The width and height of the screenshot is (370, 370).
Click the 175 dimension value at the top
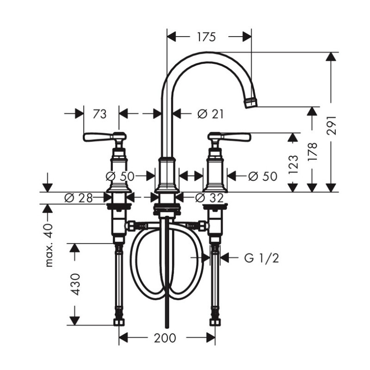pyautogui.click(x=206, y=37)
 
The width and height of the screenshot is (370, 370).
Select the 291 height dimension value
pyautogui.click(x=332, y=125)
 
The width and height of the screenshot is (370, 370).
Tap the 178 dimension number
pyautogui.click(x=313, y=152)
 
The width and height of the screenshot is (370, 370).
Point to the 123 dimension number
pyautogui.click(x=293, y=165)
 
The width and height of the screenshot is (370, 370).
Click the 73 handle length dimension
pyautogui.click(x=99, y=114)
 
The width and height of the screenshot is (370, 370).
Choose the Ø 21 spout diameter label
pyautogui.click(x=210, y=114)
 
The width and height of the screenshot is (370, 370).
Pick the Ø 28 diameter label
pyautogui.click(x=78, y=198)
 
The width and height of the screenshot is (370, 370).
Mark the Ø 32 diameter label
pyautogui.click(x=210, y=198)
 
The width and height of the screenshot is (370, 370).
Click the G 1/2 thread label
pyautogui.click(x=261, y=258)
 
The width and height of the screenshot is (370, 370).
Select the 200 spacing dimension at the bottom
pyautogui.click(x=165, y=338)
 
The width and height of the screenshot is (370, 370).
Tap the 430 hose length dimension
pyautogui.click(x=76, y=284)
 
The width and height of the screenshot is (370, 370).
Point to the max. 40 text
pyautogui.click(x=49, y=246)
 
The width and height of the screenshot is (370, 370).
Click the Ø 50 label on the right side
pyautogui.click(x=263, y=176)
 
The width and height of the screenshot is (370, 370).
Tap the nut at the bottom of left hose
pyautogui.click(x=119, y=322)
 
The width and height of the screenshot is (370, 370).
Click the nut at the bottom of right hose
pyautogui.click(x=216, y=322)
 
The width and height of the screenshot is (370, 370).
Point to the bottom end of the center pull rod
pyautogui.click(x=167, y=327)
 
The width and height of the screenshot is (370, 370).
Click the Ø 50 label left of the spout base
pyautogui.click(x=120, y=176)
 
